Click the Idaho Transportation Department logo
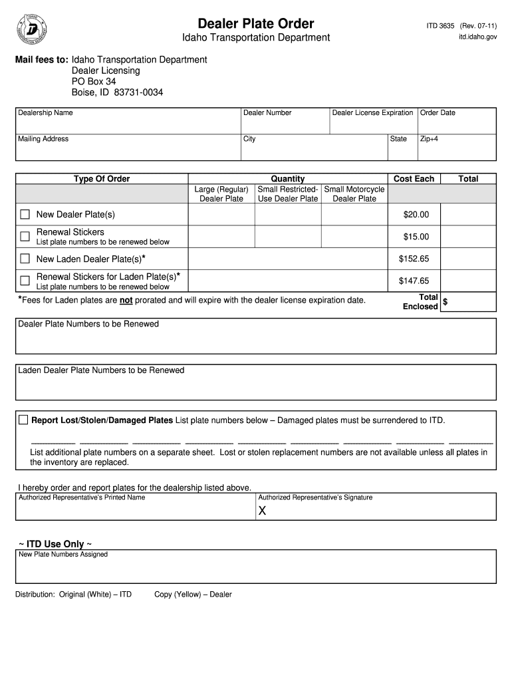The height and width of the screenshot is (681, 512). point(31,29)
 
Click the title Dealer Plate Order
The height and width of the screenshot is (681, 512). point(256,24)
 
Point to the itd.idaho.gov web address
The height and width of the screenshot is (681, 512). point(477,38)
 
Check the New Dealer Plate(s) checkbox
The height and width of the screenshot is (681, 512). point(25,214)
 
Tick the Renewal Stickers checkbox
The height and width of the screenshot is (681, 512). point(25,236)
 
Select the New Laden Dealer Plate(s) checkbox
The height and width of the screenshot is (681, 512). point(25,259)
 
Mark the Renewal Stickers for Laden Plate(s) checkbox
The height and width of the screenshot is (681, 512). point(25,281)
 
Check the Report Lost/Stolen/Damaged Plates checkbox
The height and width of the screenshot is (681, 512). point(23,420)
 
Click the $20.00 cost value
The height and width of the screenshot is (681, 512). point(416,214)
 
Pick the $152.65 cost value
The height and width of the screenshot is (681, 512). point(414,259)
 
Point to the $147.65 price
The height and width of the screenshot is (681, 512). point(414,281)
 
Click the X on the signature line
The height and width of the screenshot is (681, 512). point(262,511)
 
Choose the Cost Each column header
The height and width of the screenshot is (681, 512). point(414,179)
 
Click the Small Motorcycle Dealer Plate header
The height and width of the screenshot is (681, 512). point(354,194)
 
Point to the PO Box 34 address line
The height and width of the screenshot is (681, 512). point(94,81)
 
